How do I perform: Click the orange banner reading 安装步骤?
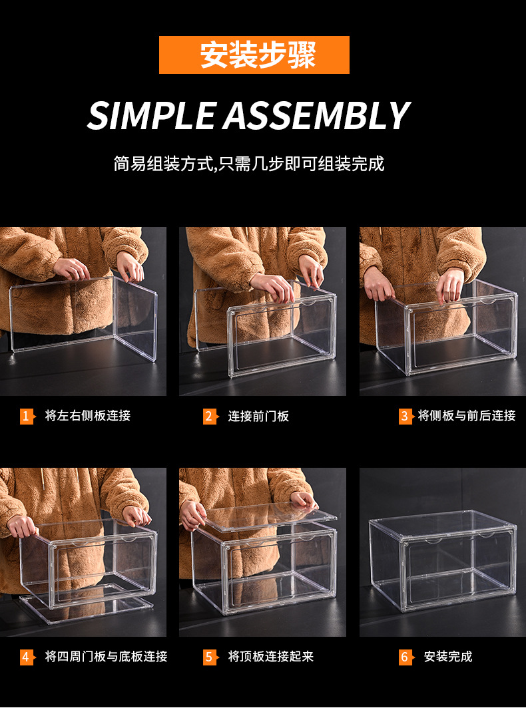coord(254,55)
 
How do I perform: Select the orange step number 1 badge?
coord(27,417)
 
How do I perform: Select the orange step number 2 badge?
coord(210,417)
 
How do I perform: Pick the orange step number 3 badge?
coord(405,417)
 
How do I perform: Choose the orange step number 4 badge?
coord(27,657)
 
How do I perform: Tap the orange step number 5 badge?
coord(210,657)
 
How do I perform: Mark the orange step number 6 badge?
coord(405,657)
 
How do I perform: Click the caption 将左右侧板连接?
coord(88,416)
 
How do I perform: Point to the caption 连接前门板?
coord(258,417)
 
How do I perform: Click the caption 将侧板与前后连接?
coord(467,416)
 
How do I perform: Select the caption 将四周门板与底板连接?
coord(107,657)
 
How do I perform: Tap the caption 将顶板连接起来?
coord(270,657)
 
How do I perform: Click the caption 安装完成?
coord(448,657)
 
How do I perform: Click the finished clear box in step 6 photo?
coord(443,562)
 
